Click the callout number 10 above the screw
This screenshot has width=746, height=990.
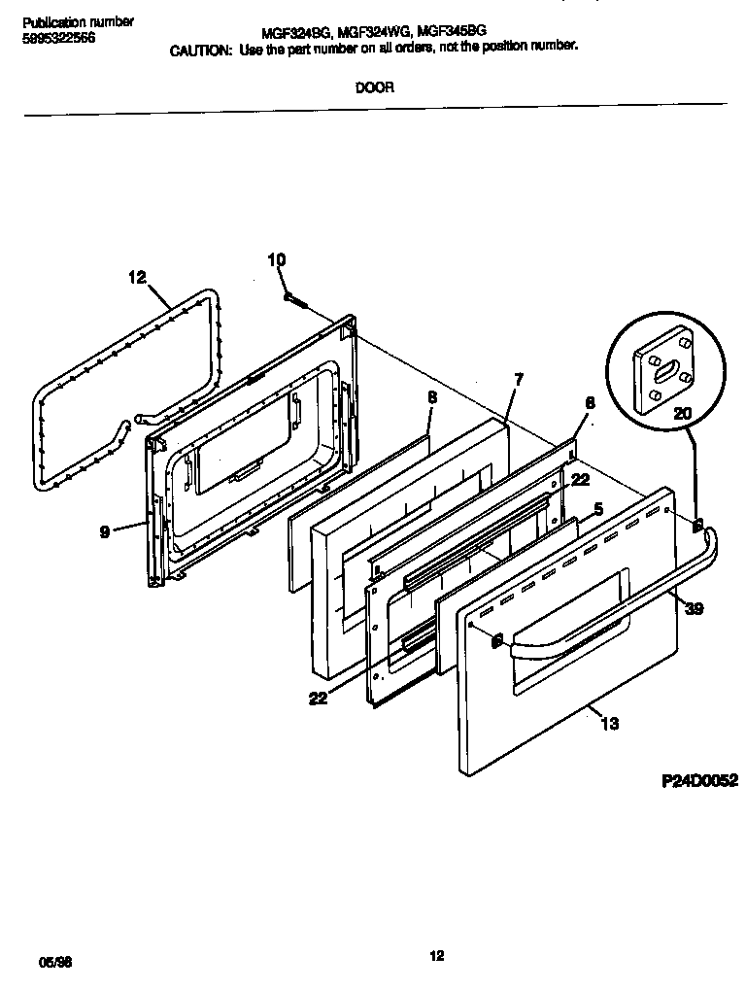(x=277, y=259)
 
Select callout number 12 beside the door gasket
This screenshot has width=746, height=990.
(x=136, y=278)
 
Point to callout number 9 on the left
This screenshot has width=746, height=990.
(x=104, y=531)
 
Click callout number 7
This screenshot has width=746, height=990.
(x=519, y=380)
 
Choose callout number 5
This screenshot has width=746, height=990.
(x=597, y=508)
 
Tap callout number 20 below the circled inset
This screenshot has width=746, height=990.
(x=684, y=414)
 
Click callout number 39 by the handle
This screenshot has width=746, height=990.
(x=695, y=609)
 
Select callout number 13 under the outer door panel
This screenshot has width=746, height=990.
(x=610, y=724)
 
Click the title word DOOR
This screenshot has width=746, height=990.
(x=374, y=86)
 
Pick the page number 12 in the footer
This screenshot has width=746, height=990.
(x=437, y=956)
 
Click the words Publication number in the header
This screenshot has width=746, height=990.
(x=78, y=21)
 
